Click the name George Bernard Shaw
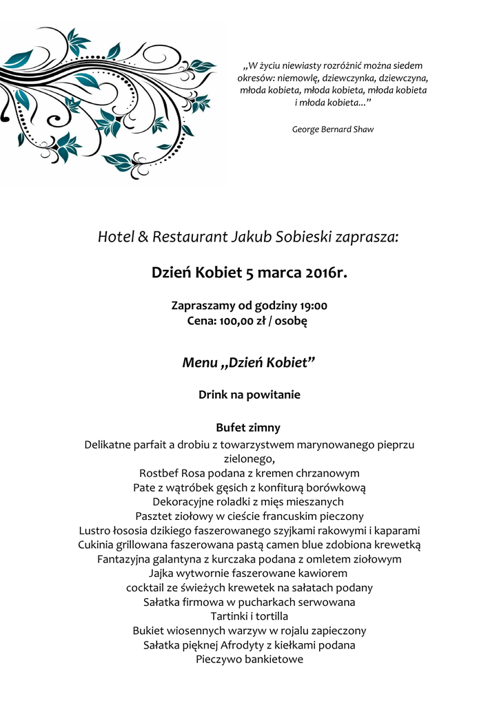pyautogui.click(x=333, y=129)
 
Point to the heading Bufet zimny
pyautogui.click(x=248, y=428)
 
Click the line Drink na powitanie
pyautogui.click(x=249, y=395)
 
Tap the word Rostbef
pyautogui.click(x=159, y=474)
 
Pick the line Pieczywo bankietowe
pyautogui.click(x=249, y=660)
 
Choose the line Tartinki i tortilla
pyautogui.click(x=249, y=616)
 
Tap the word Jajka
pyautogui.click(x=163, y=573)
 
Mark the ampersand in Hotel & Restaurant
pyautogui.click(x=143, y=238)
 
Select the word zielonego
pyautogui.click(x=249, y=459)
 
